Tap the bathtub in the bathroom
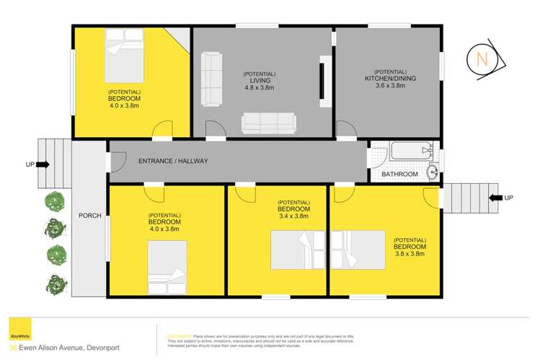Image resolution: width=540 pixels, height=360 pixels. [x=410, y=152]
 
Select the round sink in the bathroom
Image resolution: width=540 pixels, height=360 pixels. [x=432, y=171]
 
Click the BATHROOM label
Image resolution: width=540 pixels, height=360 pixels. [x=399, y=174]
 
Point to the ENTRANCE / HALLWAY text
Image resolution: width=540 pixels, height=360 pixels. [x=173, y=161]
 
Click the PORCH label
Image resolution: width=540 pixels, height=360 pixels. [x=90, y=216]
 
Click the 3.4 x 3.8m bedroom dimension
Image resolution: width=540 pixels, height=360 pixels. [x=293, y=216]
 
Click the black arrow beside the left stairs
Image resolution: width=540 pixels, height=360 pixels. [x=42, y=164]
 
